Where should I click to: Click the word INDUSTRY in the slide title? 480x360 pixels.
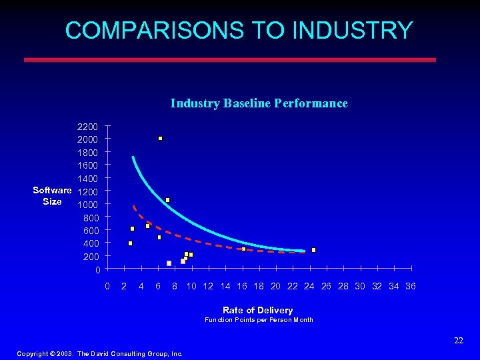point(353,31)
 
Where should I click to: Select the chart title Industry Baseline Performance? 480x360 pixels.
point(259,103)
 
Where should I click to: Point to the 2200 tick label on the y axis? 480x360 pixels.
point(87,127)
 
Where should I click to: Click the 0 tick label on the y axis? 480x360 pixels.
point(97,270)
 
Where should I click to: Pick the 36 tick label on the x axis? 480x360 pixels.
point(411,286)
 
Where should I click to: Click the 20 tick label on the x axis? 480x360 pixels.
point(275,286)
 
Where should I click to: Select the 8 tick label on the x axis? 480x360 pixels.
point(174,286)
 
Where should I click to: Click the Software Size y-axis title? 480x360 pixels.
point(52,196)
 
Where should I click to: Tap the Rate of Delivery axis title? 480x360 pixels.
point(257,310)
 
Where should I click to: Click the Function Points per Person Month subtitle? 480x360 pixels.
point(259,320)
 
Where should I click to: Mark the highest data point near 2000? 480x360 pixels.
point(161,139)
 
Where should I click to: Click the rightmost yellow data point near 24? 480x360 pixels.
point(313,250)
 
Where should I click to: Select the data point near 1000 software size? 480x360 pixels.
point(167,200)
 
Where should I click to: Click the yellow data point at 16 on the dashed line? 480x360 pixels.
point(243,249)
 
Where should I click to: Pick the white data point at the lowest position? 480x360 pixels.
point(169,263)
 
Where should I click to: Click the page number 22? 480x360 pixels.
point(458,341)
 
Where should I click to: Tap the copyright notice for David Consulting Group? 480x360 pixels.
point(99,354)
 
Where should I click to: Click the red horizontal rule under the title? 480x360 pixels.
point(230,59)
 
